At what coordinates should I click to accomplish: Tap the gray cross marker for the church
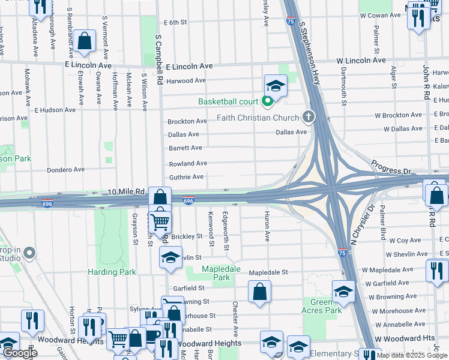pos(309,116)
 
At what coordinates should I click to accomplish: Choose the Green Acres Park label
pos(326,306)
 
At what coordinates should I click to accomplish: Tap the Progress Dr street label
pos(391,167)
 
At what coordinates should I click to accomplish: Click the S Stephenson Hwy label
pos(310,52)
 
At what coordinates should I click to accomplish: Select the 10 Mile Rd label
pos(127,191)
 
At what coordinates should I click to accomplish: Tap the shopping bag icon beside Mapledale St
pos(259,292)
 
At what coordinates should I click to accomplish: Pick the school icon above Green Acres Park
pos(343,292)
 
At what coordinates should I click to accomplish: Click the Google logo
pos(19,353)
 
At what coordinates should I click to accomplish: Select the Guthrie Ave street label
pos(185,177)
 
